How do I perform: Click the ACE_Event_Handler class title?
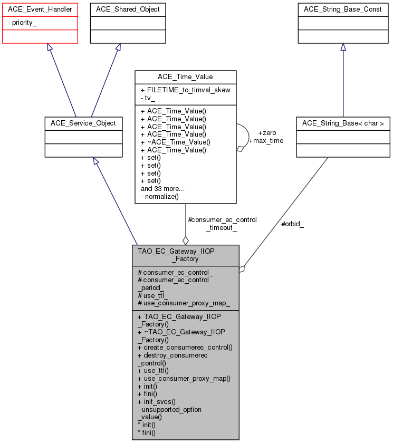pos(40,9)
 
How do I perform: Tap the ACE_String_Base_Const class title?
pos(343,9)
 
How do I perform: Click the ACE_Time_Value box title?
pos(185,77)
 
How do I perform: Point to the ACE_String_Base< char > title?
pos(343,123)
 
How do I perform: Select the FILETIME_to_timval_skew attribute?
pos(185,90)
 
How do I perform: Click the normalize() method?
pos(160,196)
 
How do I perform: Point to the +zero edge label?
pos(267,133)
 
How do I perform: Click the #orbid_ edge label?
pos(292,224)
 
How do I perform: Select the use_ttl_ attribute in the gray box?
pos(153,295)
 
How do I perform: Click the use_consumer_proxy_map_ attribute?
pos(184,303)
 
